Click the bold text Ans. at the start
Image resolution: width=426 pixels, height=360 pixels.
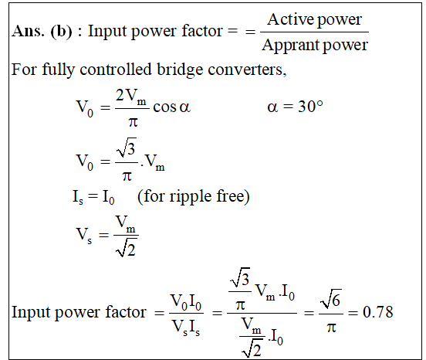click(28, 31)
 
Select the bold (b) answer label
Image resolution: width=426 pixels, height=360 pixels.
click(62, 32)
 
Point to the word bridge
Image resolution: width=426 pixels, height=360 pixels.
click(180, 70)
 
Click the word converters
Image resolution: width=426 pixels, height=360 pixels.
click(247, 70)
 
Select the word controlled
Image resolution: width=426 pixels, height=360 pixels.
click(116, 69)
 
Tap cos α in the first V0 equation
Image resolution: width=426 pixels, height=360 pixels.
click(171, 107)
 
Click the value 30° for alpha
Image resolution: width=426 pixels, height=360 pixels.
click(310, 106)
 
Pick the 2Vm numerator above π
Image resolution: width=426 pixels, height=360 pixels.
click(131, 97)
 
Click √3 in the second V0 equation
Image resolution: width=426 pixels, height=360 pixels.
click(127, 148)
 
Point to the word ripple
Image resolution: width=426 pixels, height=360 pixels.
click(191, 196)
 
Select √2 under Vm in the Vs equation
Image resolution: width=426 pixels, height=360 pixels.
click(126, 247)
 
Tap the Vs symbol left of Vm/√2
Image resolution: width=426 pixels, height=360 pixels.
click(83, 235)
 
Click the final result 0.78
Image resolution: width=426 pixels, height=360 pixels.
click(378, 312)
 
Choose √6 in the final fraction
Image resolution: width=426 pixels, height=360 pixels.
click(330, 299)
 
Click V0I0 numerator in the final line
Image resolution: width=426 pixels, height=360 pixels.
click(186, 303)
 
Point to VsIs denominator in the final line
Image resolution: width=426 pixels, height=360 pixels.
click(186, 328)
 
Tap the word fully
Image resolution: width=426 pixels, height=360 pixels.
click(58, 70)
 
